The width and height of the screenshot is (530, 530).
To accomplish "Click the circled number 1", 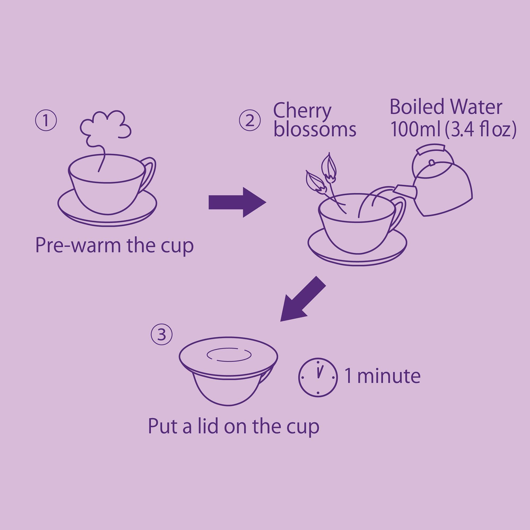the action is tap(46, 121).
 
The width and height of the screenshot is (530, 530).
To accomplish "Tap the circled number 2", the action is tap(250, 121).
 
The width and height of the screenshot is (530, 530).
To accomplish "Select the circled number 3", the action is tap(162, 334).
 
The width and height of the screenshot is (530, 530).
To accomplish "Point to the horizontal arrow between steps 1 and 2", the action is tap(237, 203).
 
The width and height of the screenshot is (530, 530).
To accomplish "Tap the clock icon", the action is tap(318, 377).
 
